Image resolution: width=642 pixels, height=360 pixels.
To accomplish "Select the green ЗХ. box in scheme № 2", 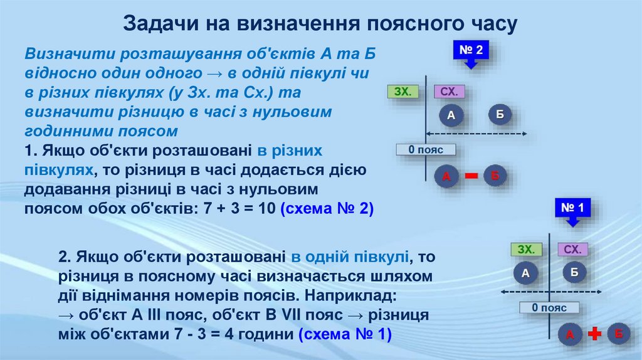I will (403, 92).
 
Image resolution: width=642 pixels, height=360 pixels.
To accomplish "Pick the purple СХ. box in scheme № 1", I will (572, 250).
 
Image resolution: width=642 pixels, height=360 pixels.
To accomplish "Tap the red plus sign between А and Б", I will (594, 334).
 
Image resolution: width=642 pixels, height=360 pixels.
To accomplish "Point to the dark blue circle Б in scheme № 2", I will (500, 114).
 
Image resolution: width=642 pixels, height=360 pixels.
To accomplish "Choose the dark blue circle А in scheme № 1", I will (526, 273).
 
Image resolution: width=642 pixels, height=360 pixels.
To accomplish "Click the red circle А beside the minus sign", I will (446, 177).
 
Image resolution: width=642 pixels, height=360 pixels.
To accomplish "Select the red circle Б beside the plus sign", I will (618, 334).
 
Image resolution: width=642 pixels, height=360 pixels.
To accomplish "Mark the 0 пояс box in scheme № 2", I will (426, 150).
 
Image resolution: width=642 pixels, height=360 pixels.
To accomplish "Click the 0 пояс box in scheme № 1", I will (549, 308).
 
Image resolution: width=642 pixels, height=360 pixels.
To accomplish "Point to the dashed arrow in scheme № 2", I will (476, 134).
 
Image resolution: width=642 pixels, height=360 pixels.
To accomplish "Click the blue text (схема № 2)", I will (327, 208).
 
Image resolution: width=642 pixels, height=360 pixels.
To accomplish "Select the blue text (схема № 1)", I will (345, 334).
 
